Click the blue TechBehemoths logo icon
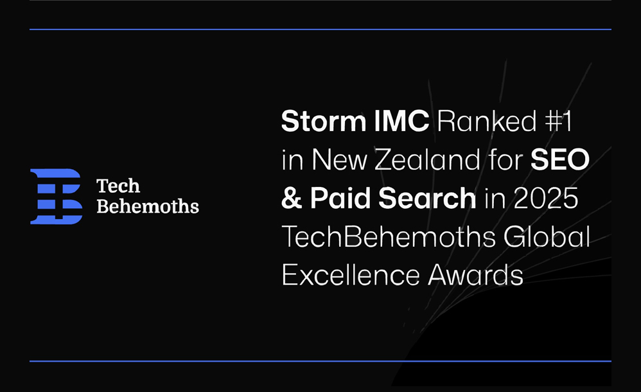click(x=56, y=197)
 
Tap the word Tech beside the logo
click(x=118, y=186)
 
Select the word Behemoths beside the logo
click(x=147, y=206)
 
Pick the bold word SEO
click(x=559, y=161)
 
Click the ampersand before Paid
click(x=292, y=199)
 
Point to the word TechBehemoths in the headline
click(x=389, y=238)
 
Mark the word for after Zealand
click(x=505, y=161)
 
